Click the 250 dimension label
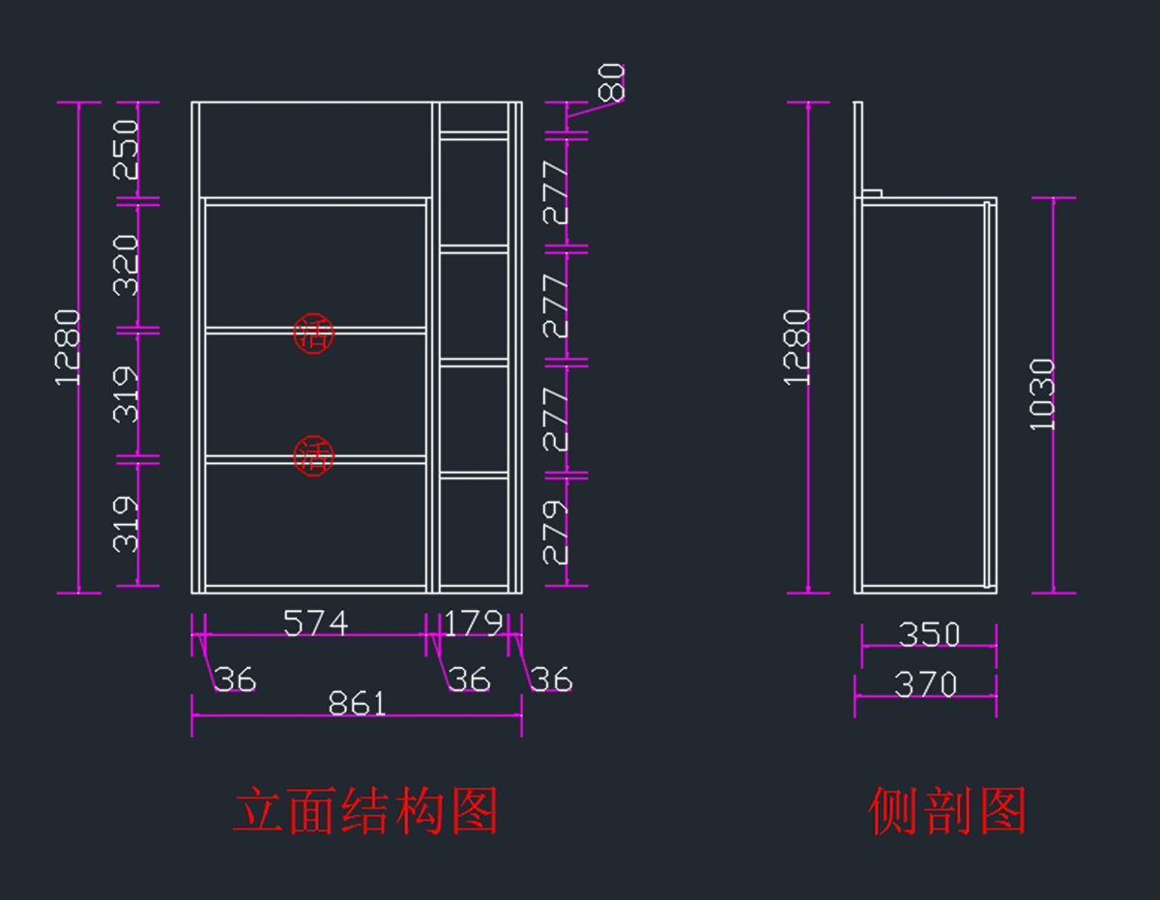(127, 150)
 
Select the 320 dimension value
(127, 265)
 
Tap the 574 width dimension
(316, 624)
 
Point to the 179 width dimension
(474, 624)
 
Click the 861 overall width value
(357, 703)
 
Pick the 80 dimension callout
(612, 83)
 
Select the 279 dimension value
(556, 532)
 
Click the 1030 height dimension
(1042, 394)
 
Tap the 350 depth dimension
(929, 634)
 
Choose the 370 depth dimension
(926, 684)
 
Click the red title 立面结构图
(365, 810)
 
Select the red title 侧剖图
(947, 810)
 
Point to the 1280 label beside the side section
(798, 347)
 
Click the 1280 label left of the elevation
(68, 347)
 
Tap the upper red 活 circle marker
(313, 334)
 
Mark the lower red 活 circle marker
(313, 456)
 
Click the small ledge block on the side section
(872, 193)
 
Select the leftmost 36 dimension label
(235, 680)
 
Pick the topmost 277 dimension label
(556, 193)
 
